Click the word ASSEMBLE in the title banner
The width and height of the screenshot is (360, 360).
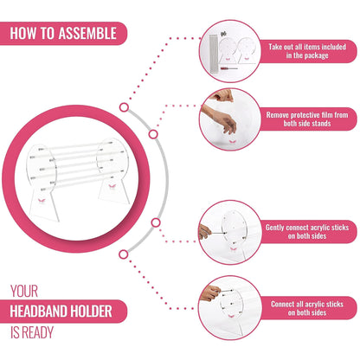point(87,33)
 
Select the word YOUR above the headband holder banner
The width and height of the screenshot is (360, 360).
point(24,291)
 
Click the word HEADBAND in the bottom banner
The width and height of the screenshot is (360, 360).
point(39,312)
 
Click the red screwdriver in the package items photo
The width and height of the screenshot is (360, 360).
point(228,68)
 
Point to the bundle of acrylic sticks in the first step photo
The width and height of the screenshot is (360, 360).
point(214,54)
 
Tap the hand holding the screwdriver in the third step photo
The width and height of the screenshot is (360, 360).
point(204,231)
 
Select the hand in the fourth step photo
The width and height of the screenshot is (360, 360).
point(210,293)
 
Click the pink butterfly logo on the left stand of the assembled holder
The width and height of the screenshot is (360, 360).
point(42,200)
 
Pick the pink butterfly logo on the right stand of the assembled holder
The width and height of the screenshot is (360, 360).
point(112,187)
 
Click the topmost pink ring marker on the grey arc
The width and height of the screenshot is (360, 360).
point(124,107)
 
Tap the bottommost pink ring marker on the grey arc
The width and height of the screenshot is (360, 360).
point(124,254)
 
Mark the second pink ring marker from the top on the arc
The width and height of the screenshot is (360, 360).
point(153,134)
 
